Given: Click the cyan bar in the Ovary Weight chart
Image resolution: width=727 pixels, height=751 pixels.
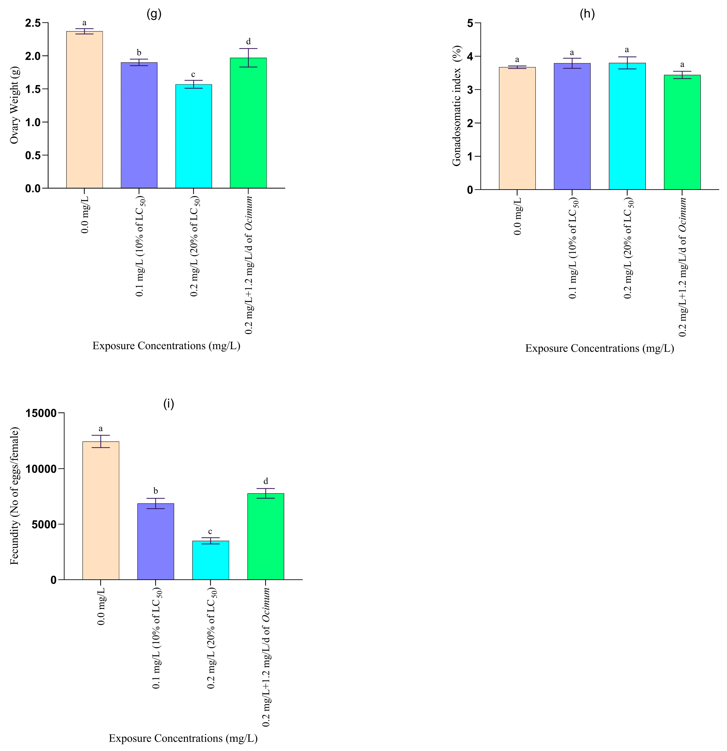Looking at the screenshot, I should pyautogui.click(x=193, y=136).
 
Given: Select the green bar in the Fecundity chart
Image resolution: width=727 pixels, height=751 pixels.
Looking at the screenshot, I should pyautogui.click(x=265, y=536).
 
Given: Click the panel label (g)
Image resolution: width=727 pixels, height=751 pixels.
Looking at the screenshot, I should pyautogui.click(x=154, y=14).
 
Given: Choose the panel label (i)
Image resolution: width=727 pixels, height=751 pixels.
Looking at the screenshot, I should pyautogui.click(x=168, y=404).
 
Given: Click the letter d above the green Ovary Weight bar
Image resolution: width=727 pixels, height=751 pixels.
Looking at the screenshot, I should pyautogui.click(x=248, y=41).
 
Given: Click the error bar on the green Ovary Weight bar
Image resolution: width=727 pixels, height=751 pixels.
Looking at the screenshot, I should pyautogui.click(x=248, y=57).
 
